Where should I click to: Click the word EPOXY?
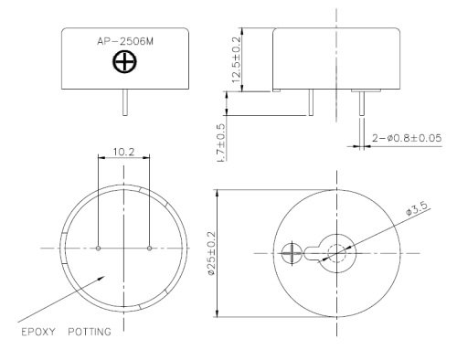tap(38, 332)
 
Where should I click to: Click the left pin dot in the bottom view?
tap(98, 249)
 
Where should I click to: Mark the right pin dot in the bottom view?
tap(149, 249)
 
